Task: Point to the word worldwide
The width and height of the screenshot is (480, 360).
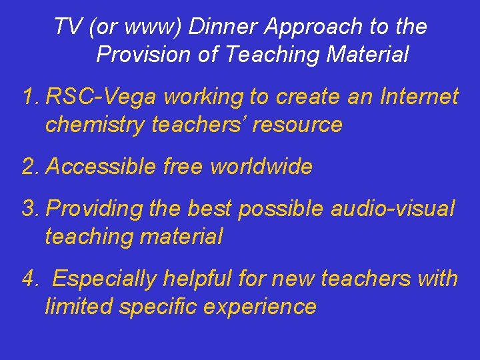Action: (x=261, y=167)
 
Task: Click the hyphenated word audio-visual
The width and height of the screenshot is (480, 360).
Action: (x=393, y=209)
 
